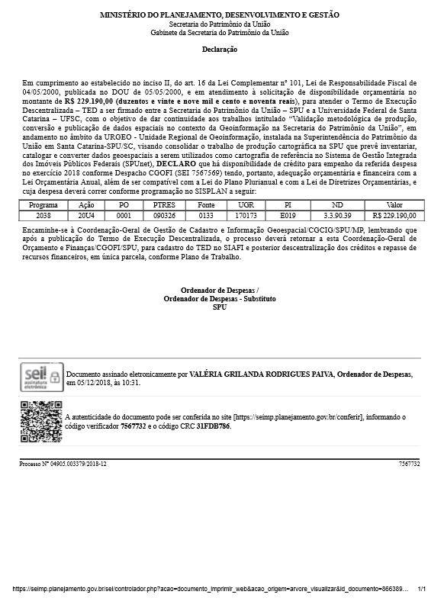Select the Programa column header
click(43, 205)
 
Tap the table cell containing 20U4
click(86, 215)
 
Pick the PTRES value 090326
click(164, 215)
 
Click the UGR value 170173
click(245, 215)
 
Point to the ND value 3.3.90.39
click(338, 215)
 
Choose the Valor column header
click(394, 205)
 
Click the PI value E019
click(287, 215)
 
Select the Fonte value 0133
click(205, 215)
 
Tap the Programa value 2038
click(43, 215)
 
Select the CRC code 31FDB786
click(234, 426)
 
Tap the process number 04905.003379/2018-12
click(68, 464)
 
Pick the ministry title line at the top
click(220, 15)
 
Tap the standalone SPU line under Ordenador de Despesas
click(220, 307)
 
